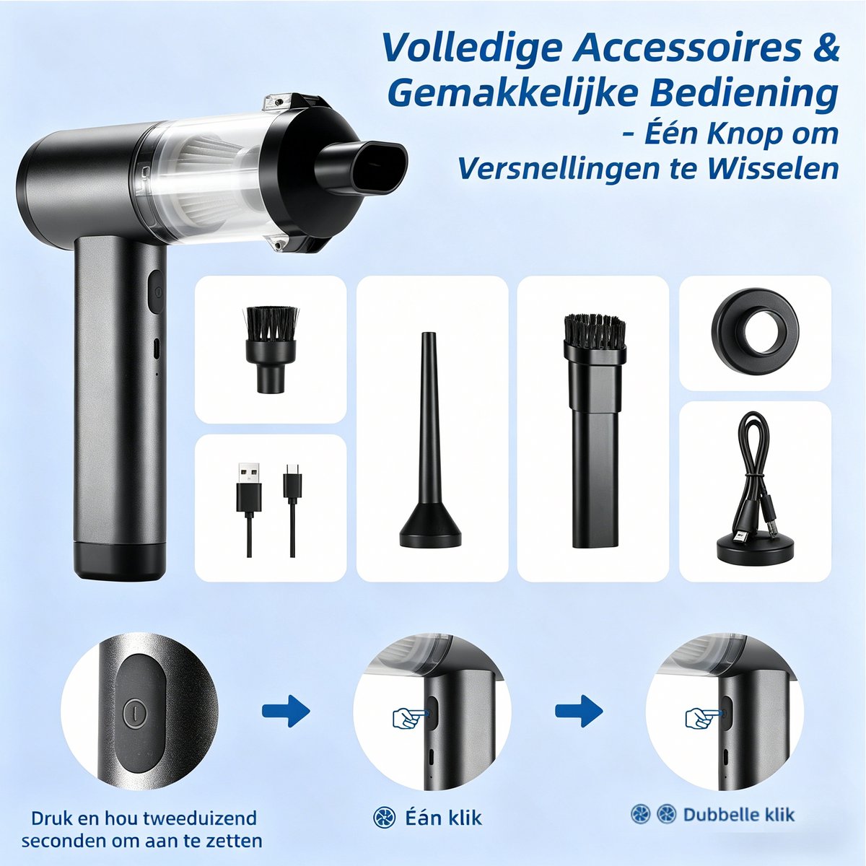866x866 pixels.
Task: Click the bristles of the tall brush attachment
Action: tap(595, 333)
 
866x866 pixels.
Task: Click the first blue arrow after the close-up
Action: tap(286, 711)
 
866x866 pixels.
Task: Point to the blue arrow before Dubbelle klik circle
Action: tap(579, 711)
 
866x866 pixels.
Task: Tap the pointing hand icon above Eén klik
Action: tap(411, 717)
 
